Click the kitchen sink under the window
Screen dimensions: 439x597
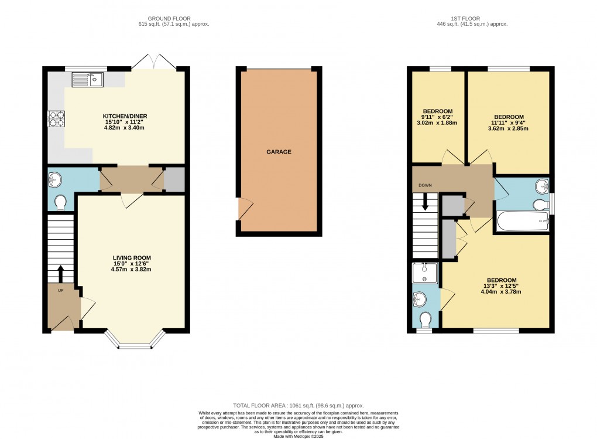tap(87, 79)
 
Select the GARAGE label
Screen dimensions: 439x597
tap(279, 152)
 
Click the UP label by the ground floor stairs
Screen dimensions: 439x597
tap(61, 291)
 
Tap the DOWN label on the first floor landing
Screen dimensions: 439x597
tap(424, 185)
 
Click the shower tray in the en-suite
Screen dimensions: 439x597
tap(426, 273)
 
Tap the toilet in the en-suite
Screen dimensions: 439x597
tap(426, 319)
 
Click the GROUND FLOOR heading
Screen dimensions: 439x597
tap(170, 19)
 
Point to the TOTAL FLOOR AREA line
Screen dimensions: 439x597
tap(298, 405)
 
